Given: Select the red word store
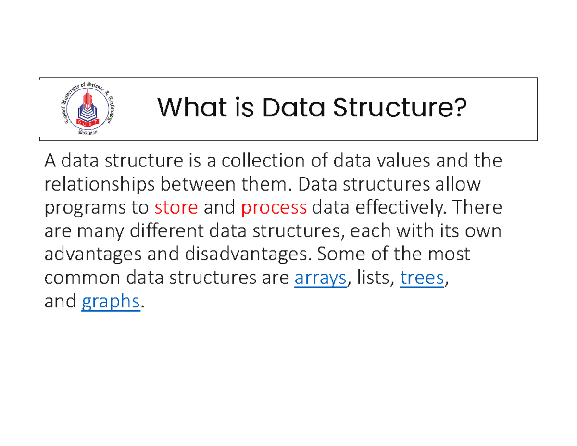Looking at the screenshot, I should click(176, 207).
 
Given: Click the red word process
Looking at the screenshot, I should click(274, 207).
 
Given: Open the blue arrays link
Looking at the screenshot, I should click(320, 279).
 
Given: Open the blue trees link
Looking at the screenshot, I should click(422, 279).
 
